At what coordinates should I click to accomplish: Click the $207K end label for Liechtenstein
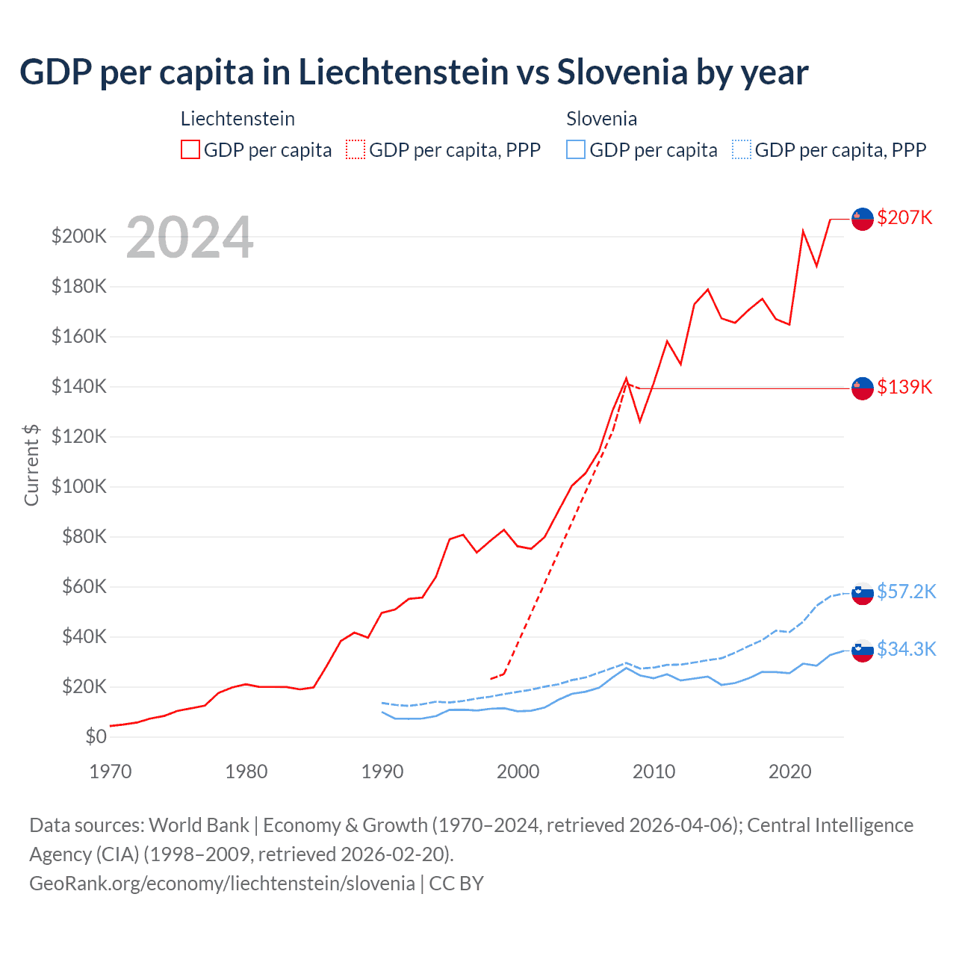click(x=904, y=217)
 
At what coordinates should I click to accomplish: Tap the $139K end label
click(x=904, y=387)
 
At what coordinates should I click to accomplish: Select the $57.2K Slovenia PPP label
click(x=906, y=592)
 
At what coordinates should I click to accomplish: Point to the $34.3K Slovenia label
click(x=906, y=649)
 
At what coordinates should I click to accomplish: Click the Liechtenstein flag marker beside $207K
click(x=863, y=219)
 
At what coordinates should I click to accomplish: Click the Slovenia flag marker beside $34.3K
click(x=863, y=651)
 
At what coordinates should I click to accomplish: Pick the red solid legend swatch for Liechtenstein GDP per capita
click(x=190, y=149)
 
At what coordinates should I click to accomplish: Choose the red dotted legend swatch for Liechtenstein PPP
click(x=356, y=149)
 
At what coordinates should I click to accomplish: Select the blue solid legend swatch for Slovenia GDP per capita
click(x=576, y=149)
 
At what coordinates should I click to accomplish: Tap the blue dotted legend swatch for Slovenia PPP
click(x=742, y=149)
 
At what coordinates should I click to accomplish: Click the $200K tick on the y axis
click(x=78, y=237)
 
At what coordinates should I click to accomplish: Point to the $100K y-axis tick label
click(x=78, y=487)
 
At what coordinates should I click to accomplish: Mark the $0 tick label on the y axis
click(x=96, y=736)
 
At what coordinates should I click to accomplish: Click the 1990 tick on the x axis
click(x=382, y=772)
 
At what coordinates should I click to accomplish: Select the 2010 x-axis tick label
click(x=654, y=772)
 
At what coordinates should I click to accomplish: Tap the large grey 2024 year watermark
click(x=190, y=238)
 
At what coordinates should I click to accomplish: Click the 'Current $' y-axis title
click(x=31, y=465)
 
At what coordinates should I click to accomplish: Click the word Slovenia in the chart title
click(x=622, y=72)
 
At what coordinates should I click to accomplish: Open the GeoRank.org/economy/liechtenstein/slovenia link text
click(x=222, y=883)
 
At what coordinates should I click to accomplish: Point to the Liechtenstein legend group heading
click(x=238, y=119)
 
